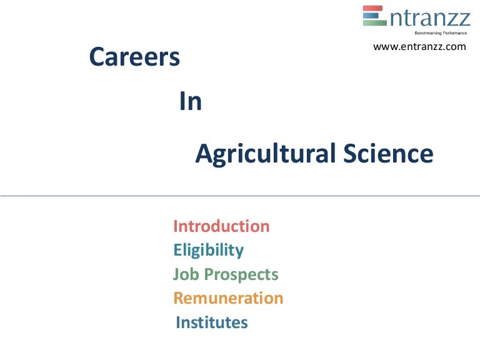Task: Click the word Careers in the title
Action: click(x=134, y=58)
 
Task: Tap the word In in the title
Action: click(x=191, y=102)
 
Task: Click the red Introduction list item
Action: click(x=221, y=226)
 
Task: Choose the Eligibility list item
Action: click(x=208, y=251)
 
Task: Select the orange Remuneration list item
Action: click(x=228, y=298)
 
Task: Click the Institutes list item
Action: click(x=212, y=322)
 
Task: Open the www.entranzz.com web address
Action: click(x=419, y=46)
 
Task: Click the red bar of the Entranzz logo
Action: click(x=372, y=8)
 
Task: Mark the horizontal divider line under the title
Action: click(x=240, y=196)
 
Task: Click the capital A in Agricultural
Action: click(x=204, y=154)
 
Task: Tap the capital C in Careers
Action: click(x=97, y=58)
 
